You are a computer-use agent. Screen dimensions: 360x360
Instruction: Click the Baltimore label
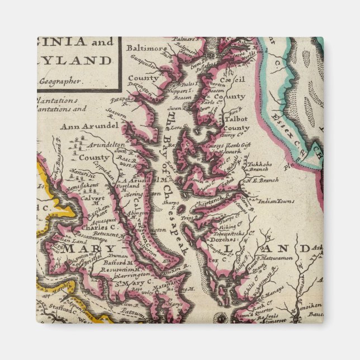pyautogui.click(x=146, y=49)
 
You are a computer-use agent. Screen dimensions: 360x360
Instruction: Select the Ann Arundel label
pyautogui.click(x=89, y=126)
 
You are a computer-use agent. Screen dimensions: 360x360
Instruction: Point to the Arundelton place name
pyautogui.click(x=105, y=144)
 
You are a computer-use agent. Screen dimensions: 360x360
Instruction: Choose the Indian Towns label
pyautogui.click(x=274, y=201)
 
